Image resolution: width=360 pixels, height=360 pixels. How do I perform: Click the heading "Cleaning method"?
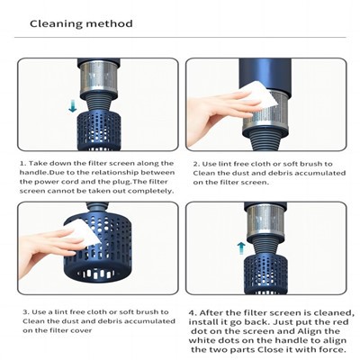point(81,23)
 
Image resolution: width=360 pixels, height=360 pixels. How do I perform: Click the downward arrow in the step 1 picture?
point(73,106)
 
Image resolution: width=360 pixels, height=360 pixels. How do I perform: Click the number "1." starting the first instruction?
point(22,165)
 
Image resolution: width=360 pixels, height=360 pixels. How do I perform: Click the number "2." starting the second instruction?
point(195,165)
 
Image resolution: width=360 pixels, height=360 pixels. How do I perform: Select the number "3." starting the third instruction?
point(22,311)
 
